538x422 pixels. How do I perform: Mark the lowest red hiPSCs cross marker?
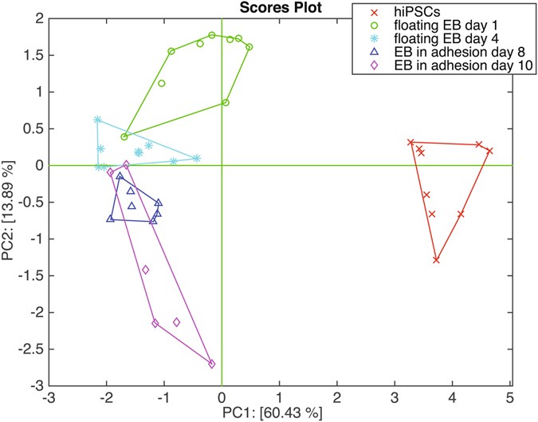pos(437,260)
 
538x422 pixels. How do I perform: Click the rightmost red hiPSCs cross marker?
pos(489,151)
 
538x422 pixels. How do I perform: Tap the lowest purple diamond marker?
pos(212,364)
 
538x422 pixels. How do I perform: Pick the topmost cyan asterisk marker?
pos(97,120)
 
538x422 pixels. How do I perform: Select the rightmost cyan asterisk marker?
pos(197,158)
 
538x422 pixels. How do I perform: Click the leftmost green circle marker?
pos(124,136)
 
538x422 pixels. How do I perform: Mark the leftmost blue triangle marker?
pos(111,218)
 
